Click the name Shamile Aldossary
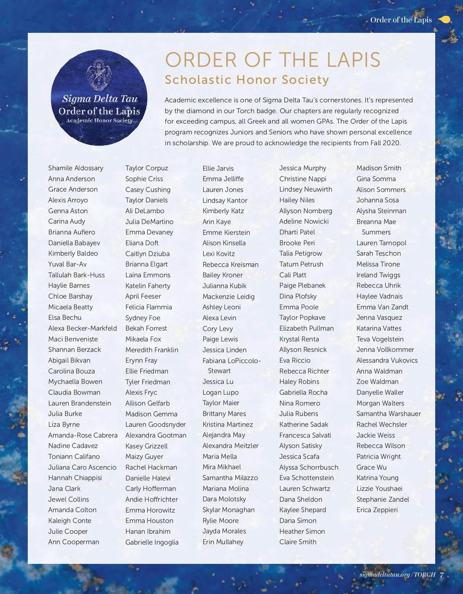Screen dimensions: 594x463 [x=76, y=168]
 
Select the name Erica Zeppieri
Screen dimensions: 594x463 [x=377, y=510]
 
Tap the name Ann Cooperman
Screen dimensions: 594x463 [x=74, y=542]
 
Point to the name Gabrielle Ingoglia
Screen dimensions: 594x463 [x=152, y=542]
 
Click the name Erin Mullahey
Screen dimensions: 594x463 [x=223, y=542]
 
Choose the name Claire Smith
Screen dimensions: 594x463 [x=298, y=542]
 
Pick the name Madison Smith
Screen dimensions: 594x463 [x=379, y=168]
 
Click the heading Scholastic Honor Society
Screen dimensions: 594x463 [x=247, y=80]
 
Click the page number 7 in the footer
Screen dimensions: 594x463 [x=442, y=575]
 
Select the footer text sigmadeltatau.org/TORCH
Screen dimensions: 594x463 [x=397, y=575]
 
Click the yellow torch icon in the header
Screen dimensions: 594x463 [x=445, y=20]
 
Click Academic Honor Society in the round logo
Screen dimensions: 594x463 [x=99, y=120]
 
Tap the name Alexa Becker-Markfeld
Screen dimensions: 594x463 [x=83, y=328]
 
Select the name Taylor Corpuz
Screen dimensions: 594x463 [x=147, y=168]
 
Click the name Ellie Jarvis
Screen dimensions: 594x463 [x=218, y=168]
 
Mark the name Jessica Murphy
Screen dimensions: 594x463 [x=303, y=168]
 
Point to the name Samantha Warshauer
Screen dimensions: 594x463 [x=389, y=414]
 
